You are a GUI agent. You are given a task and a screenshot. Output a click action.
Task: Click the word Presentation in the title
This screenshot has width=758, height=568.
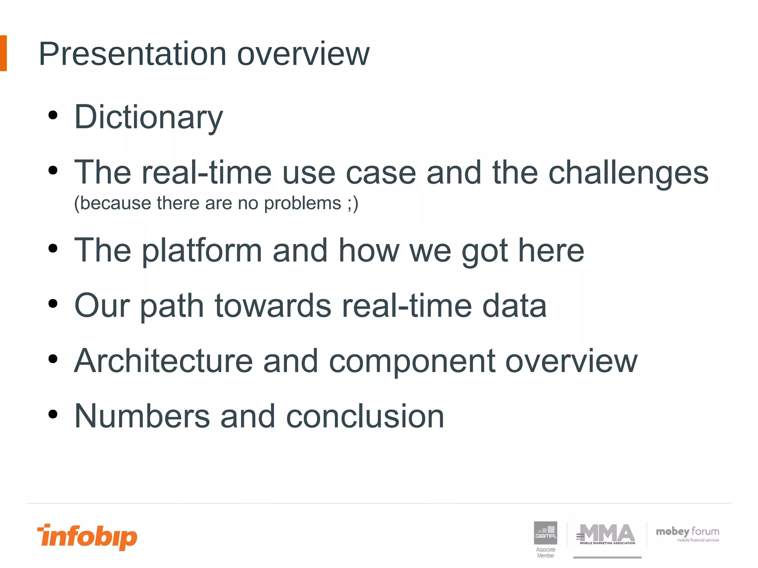pos(132,54)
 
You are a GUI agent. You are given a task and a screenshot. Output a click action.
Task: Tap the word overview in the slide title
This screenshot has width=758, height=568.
pos(303,54)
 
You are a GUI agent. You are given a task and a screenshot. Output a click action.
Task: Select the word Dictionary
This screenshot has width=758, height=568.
pos(148,118)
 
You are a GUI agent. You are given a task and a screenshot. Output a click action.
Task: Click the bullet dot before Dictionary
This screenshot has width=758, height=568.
pos(53,115)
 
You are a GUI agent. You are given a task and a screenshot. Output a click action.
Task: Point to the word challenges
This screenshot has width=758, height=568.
pos(628,173)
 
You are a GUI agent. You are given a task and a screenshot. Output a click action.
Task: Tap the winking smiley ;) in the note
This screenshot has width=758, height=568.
pos(353,203)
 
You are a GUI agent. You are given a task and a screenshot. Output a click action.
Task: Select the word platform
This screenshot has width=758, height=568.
pos(202,251)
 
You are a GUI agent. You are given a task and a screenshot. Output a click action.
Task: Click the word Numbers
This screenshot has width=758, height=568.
pos(142,417)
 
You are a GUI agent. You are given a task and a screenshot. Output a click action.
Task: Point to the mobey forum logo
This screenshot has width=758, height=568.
pos(687,534)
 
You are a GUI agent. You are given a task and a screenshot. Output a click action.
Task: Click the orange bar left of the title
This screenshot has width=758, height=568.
pos(3,53)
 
